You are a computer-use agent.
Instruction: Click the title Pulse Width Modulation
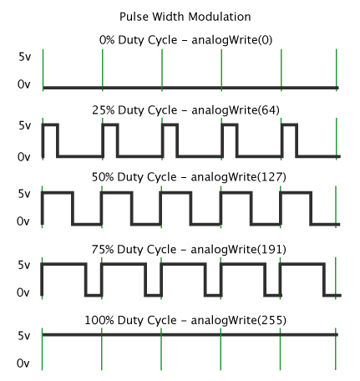click(x=185, y=17)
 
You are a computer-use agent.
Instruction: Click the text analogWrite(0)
click(x=232, y=40)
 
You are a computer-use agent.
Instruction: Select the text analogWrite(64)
click(x=236, y=110)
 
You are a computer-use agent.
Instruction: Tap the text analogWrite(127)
click(x=239, y=177)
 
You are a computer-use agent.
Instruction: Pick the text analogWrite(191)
click(x=238, y=250)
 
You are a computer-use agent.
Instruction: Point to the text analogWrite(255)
click(x=239, y=320)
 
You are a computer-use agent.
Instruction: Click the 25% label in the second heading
click(x=104, y=110)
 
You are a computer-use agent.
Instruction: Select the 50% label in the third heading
click(x=103, y=177)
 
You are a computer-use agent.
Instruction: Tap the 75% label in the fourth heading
click(x=103, y=249)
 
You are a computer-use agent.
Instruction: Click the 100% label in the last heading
click(x=99, y=320)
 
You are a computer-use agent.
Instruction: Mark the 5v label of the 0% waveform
click(x=24, y=57)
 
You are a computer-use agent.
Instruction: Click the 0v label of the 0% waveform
click(x=23, y=84)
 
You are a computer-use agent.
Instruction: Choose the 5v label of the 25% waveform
click(x=24, y=125)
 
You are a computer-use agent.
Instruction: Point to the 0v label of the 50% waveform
click(x=23, y=221)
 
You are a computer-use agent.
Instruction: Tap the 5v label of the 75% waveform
click(x=24, y=265)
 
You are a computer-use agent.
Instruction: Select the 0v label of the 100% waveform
click(x=23, y=363)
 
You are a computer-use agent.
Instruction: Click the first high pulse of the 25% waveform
click(x=50, y=124)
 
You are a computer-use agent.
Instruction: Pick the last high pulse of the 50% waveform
click(x=296, y=193)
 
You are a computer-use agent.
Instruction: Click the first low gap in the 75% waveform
click(x=94, y=295)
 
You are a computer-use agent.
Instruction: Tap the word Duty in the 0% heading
click(x=132, y=41)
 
